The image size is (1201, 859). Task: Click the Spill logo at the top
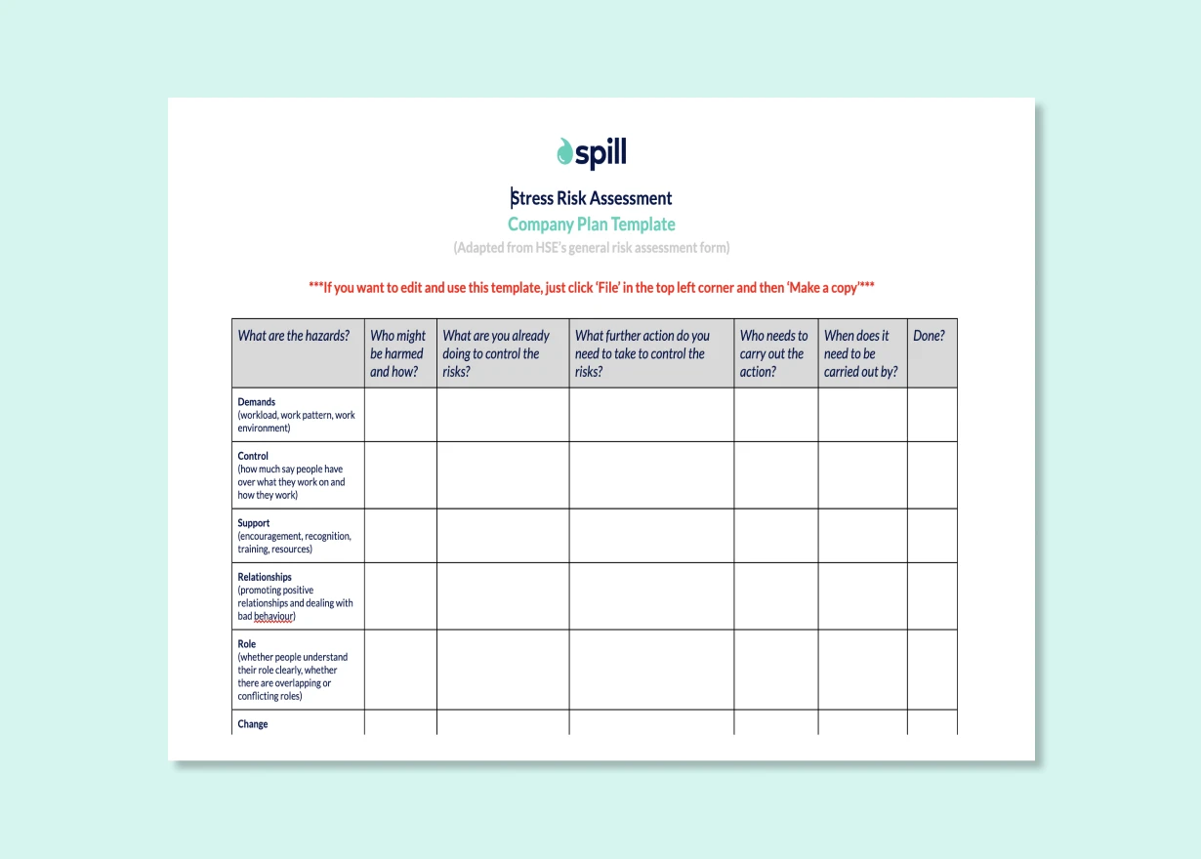(592, 153)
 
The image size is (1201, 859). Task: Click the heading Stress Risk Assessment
(592, 198)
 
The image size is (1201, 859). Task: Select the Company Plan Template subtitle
(592, 225)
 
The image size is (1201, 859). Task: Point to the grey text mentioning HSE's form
(592, 248)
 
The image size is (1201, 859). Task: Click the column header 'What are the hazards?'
(294, 336)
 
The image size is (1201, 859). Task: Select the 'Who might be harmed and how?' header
(397, 353)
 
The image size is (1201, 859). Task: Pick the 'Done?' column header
(929, 336)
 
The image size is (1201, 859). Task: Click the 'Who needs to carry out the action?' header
(773, 353)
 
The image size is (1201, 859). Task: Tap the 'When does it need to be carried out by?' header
(860, 353)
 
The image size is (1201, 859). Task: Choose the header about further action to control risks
(642, 353)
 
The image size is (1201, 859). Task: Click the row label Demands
(257, 402)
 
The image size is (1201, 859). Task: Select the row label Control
(253, 456)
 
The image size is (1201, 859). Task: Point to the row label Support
(255, 523)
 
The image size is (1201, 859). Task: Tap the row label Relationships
(265, 577)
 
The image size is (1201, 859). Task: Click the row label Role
(247, 644)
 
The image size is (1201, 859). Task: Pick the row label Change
(253, 724)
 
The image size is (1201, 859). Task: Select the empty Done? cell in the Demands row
(932, 415)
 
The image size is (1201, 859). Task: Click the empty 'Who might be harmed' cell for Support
(400, 536)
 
